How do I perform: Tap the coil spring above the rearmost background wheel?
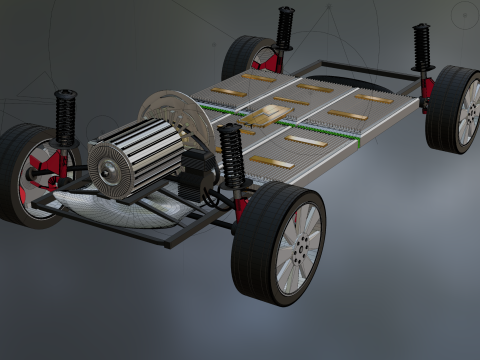tap(285, 27)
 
